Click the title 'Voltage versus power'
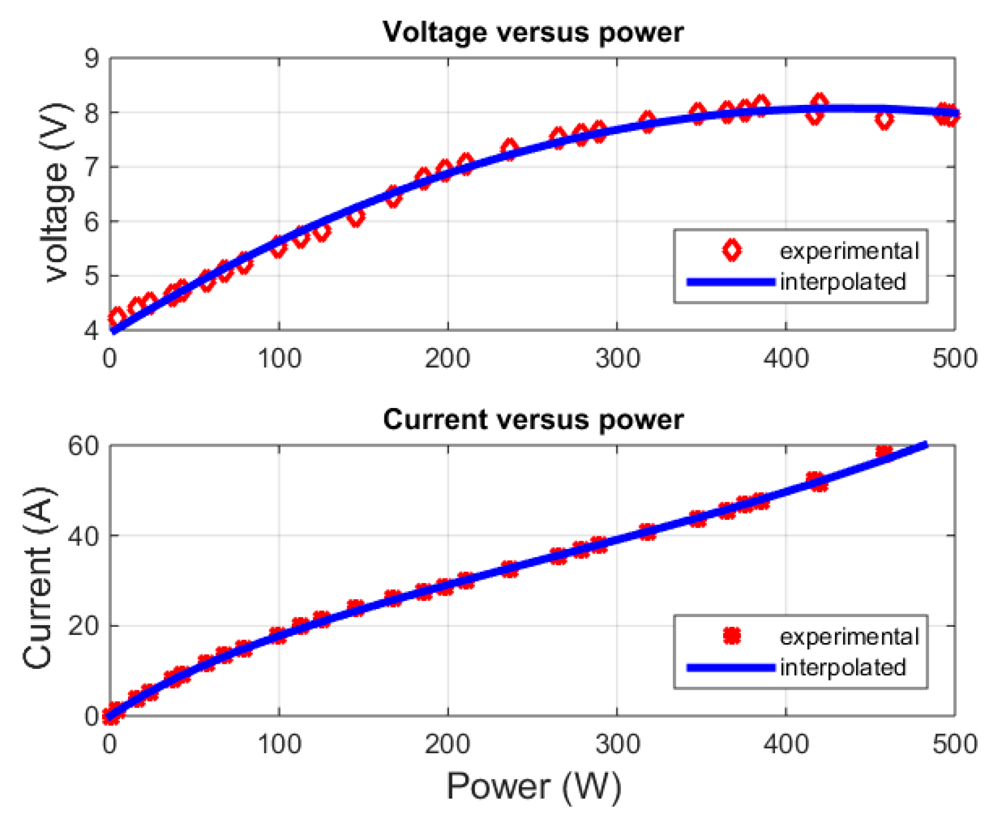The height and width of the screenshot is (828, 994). [533, 32]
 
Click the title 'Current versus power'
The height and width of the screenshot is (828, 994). [533, 419]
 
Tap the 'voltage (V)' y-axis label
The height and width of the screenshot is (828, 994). [58, 193]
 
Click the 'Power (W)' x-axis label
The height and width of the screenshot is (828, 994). [534, 786]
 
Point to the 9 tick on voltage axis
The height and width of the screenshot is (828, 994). [92, 58]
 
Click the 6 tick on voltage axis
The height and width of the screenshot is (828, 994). [92, 222]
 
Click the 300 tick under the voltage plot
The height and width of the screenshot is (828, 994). [618, 358]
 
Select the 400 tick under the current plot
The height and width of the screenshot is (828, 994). [786, 744]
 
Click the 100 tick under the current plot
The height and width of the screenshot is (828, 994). [279, 744]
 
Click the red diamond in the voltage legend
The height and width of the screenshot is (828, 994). [732, 251]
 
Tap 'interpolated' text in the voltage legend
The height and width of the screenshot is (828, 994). [843, 282]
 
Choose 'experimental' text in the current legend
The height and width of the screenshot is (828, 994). [849, 637]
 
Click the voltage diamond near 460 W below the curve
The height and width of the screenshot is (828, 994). [884, 120]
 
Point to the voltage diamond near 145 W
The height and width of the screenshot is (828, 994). [356, 217]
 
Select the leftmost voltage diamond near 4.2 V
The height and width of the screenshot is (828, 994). [117, 317]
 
